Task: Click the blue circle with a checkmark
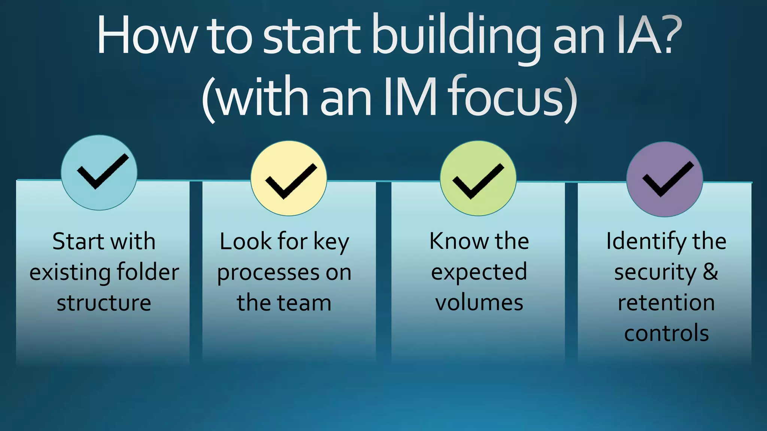(99, 172)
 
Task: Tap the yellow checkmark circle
(289, 178)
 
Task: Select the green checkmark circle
(478, 178)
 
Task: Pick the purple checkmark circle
(665, 179)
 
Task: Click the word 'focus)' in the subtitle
(513, 97)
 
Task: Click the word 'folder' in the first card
(148, 272)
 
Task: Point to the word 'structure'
(104, 303)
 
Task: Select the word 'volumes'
(479, 303)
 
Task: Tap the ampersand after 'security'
(710, 272)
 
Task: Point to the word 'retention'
(666, 303)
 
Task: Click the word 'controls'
(666, 333)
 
